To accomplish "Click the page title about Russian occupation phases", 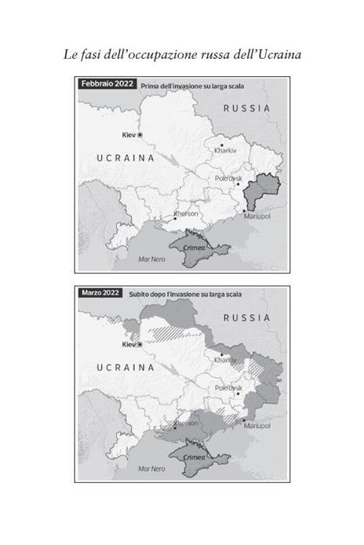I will [182, 55].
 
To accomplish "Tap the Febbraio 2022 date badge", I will [107, 84].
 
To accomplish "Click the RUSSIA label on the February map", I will [247, 107].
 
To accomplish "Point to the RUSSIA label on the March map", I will [247, 318].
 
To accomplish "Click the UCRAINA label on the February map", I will [126, 158].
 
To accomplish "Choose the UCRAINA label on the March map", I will [126, 366].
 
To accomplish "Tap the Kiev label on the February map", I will [129, 135].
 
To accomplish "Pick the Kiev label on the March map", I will [129, 344].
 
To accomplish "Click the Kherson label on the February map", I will [186, 213].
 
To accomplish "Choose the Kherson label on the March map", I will [186, 423].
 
